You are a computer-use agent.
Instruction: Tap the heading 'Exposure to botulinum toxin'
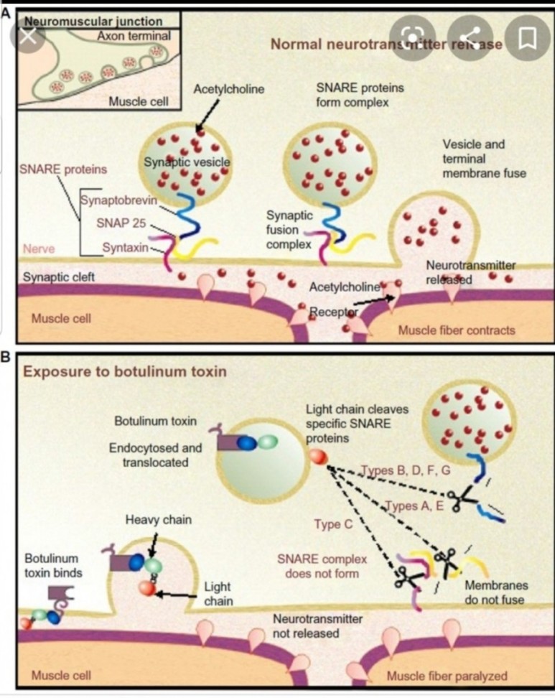coord(125,372)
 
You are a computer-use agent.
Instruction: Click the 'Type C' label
coord(332,524)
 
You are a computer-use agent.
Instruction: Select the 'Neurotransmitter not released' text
coord(317,626)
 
